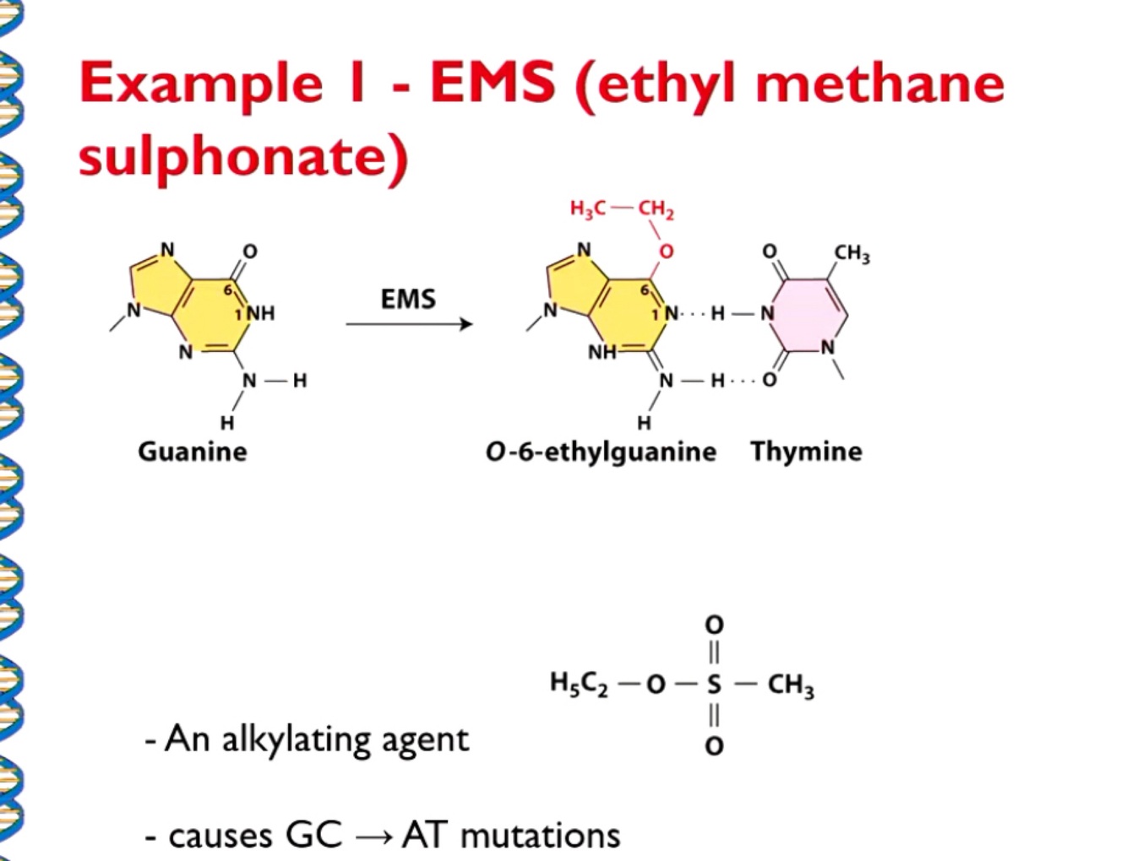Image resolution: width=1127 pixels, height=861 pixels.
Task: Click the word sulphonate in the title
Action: pos(243,158)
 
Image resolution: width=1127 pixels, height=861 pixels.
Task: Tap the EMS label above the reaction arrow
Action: pos(408,300)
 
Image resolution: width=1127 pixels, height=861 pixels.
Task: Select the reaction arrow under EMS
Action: pos(409,324)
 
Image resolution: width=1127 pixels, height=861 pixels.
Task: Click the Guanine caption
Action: pos(193,452)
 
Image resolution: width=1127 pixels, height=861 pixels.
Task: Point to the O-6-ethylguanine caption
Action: pos(601,452)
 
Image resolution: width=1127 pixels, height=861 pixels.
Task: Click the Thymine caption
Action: pos(806,452)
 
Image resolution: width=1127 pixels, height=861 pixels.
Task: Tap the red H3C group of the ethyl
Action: pos(588,208)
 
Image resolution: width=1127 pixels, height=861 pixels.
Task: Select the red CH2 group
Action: pos(656,208)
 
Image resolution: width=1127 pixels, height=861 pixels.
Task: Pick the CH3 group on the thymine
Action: pos(852,253)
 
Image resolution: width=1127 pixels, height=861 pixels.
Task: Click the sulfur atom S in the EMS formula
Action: pos(714,684)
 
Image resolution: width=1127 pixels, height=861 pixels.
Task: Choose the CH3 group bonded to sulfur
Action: pos(790,684)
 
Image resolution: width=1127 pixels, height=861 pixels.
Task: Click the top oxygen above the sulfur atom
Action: pos(714,625)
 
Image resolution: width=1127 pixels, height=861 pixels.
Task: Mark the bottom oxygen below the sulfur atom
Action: pos(714,745)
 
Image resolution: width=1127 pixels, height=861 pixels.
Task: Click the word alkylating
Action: pos(295,739)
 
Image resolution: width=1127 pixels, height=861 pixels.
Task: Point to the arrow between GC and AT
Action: pos(373,837)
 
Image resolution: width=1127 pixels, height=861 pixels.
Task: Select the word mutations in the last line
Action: pos(541,836)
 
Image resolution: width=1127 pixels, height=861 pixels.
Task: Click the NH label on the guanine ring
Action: pos(260,313)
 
